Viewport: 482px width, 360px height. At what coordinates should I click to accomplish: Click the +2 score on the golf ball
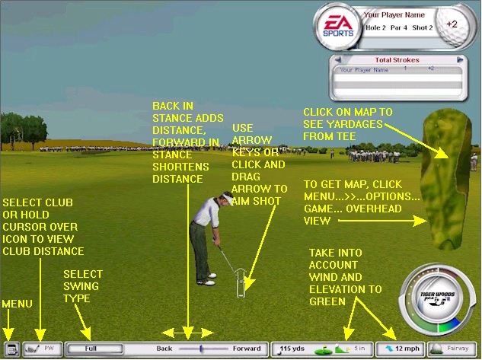[x=452, y=24]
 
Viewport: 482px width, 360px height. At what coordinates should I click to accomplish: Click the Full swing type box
[x=90, y=349]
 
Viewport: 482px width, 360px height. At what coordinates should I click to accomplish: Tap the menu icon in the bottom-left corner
[x=10, y=349]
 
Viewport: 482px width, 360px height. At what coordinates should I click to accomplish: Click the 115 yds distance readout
[x=290, y=349]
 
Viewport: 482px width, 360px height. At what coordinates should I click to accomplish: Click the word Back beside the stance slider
[x=164, y=349]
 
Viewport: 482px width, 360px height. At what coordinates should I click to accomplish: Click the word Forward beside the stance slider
[x=247, y=349]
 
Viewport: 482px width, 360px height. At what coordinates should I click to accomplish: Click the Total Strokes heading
[x=397, y=59]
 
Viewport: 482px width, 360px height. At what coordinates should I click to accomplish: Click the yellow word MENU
[x=17, y=303]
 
